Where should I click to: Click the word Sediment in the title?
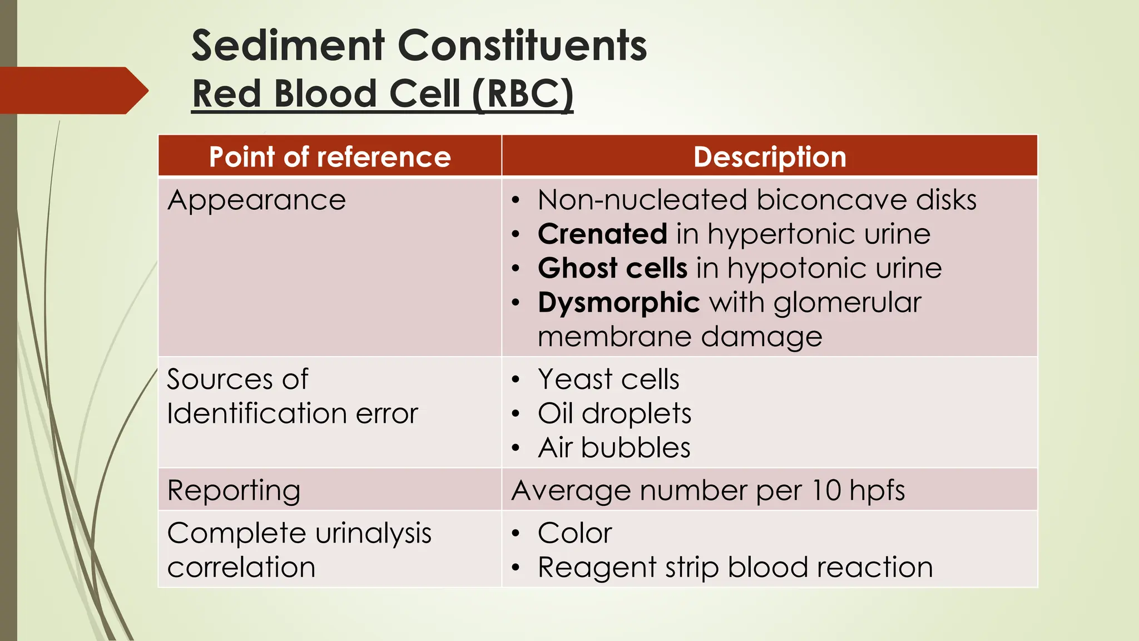pos(288,46)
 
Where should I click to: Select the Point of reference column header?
pos(330,157)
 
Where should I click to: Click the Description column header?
pos(770,157)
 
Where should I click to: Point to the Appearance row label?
pos(256,200)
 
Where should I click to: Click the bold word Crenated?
pos(602,234)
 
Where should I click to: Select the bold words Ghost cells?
pos(612,268)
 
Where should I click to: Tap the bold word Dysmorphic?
pos(618,303)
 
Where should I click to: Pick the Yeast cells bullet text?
pos(608,379)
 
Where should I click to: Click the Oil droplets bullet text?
pos(615,413)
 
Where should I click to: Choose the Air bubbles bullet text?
pos(614,448)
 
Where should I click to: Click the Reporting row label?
pos(234,491)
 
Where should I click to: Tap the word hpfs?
pos(877,491)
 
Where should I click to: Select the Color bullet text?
pos(575,533)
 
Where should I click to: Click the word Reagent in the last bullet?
pos(597,568)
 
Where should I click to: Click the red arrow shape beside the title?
pos(72,91)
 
